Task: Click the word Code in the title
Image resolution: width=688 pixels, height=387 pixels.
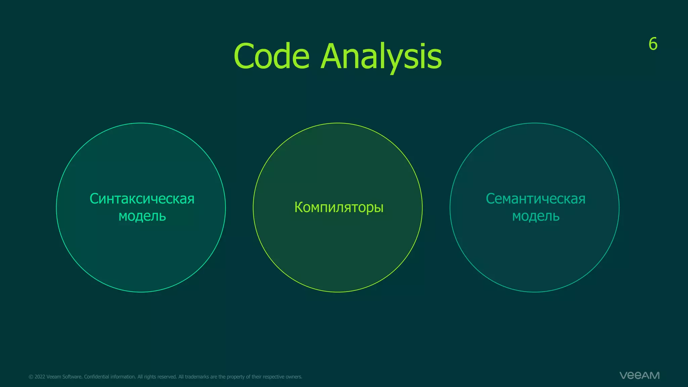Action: (271, 56)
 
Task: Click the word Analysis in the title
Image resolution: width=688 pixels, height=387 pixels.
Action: (381, 56)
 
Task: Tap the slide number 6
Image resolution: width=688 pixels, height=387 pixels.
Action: (653, 44)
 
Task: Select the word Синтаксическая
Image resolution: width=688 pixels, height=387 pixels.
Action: (142, 199)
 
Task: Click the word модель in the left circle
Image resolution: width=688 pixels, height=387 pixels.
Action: (142, 216)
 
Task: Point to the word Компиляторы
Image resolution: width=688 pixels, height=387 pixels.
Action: (339, 207)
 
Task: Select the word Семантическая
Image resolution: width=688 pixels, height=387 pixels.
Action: (535, 199)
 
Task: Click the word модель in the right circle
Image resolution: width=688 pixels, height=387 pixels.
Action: (535, 216)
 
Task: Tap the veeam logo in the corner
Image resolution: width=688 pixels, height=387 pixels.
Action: (639, 375)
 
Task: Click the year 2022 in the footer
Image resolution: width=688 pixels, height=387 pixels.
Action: (40, 377)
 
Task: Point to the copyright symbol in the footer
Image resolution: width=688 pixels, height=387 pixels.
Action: (31, 377)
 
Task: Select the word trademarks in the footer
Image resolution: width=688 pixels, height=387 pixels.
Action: (197, 377)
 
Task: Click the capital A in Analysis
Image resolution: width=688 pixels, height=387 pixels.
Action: (333, 56)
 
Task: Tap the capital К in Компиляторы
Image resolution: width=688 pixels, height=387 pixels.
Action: (299, 207)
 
